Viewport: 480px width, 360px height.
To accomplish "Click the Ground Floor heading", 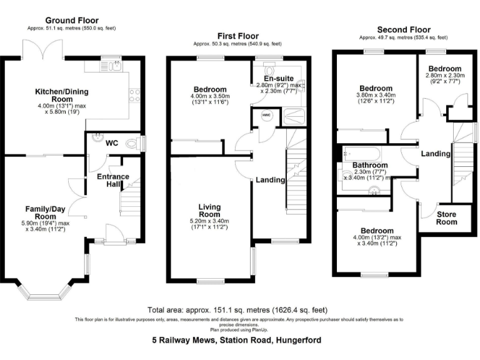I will click(x=71, y=20).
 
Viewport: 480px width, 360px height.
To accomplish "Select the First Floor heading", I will click(x=237, y=36).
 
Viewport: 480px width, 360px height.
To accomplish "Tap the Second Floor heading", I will click(x=404, y=29).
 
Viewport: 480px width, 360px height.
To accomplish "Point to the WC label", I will click(x=112, y=143).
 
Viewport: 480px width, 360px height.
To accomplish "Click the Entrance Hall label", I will click(x=113, y=181).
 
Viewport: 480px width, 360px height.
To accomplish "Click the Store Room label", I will click(x=446, y=218).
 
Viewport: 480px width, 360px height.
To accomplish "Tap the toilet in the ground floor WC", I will click(x=132, y=143).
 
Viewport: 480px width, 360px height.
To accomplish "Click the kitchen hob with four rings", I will click(x=134, y=95).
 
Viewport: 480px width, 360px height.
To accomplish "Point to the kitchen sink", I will click(x=112, y=65).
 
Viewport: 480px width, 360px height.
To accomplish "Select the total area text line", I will click(x=237, y=310).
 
